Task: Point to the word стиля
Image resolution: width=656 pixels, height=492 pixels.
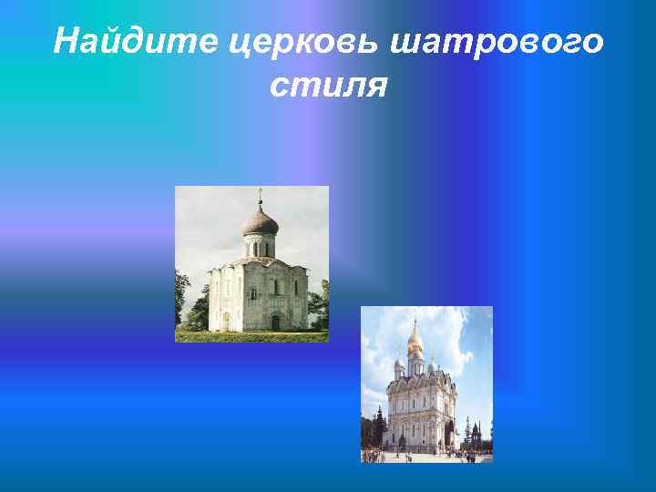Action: click(x=328, y=86)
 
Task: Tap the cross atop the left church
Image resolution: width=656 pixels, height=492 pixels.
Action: click(x=261, y=194)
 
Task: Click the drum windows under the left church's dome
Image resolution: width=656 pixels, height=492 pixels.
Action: click(x=261, y=247)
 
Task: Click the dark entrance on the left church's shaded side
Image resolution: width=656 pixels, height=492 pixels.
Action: click(x=275, y=322)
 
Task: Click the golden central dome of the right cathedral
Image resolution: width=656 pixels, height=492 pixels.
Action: click(x=415, y=341)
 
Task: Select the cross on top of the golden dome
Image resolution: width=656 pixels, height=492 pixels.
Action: click(x=415, y=323)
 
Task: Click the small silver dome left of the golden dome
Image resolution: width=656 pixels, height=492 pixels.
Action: click(x=398, y=364)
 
